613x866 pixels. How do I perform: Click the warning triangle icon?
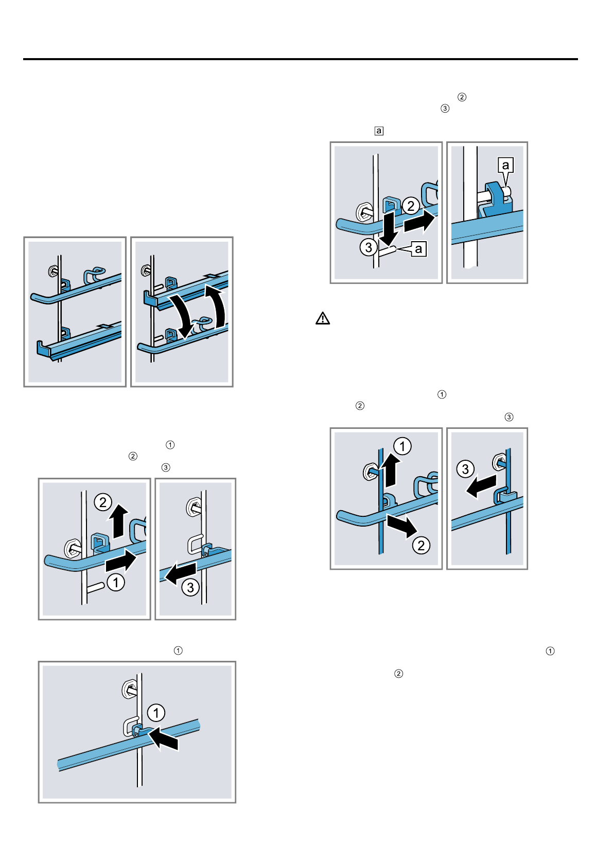click(322, 318)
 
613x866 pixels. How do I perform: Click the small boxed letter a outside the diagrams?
click(379, 131)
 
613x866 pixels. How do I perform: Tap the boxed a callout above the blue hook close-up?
click(505, 165)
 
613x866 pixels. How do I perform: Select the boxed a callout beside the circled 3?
click(418, 248)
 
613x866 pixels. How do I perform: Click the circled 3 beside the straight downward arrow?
click(369, 247)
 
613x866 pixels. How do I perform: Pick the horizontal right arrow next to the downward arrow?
click(419, 221)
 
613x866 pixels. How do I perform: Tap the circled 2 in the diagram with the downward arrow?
click(411, 206)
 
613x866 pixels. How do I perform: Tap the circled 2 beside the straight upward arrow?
click(103, 502)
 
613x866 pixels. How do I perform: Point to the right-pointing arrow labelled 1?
click(121, 561)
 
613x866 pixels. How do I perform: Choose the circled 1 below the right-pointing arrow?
click(116, 582)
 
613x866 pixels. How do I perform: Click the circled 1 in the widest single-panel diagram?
click(156, 712)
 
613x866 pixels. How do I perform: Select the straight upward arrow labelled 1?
click(391, 470)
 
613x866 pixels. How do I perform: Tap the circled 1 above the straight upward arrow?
click(402, 446)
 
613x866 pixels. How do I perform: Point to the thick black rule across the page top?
click(300, 59)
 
